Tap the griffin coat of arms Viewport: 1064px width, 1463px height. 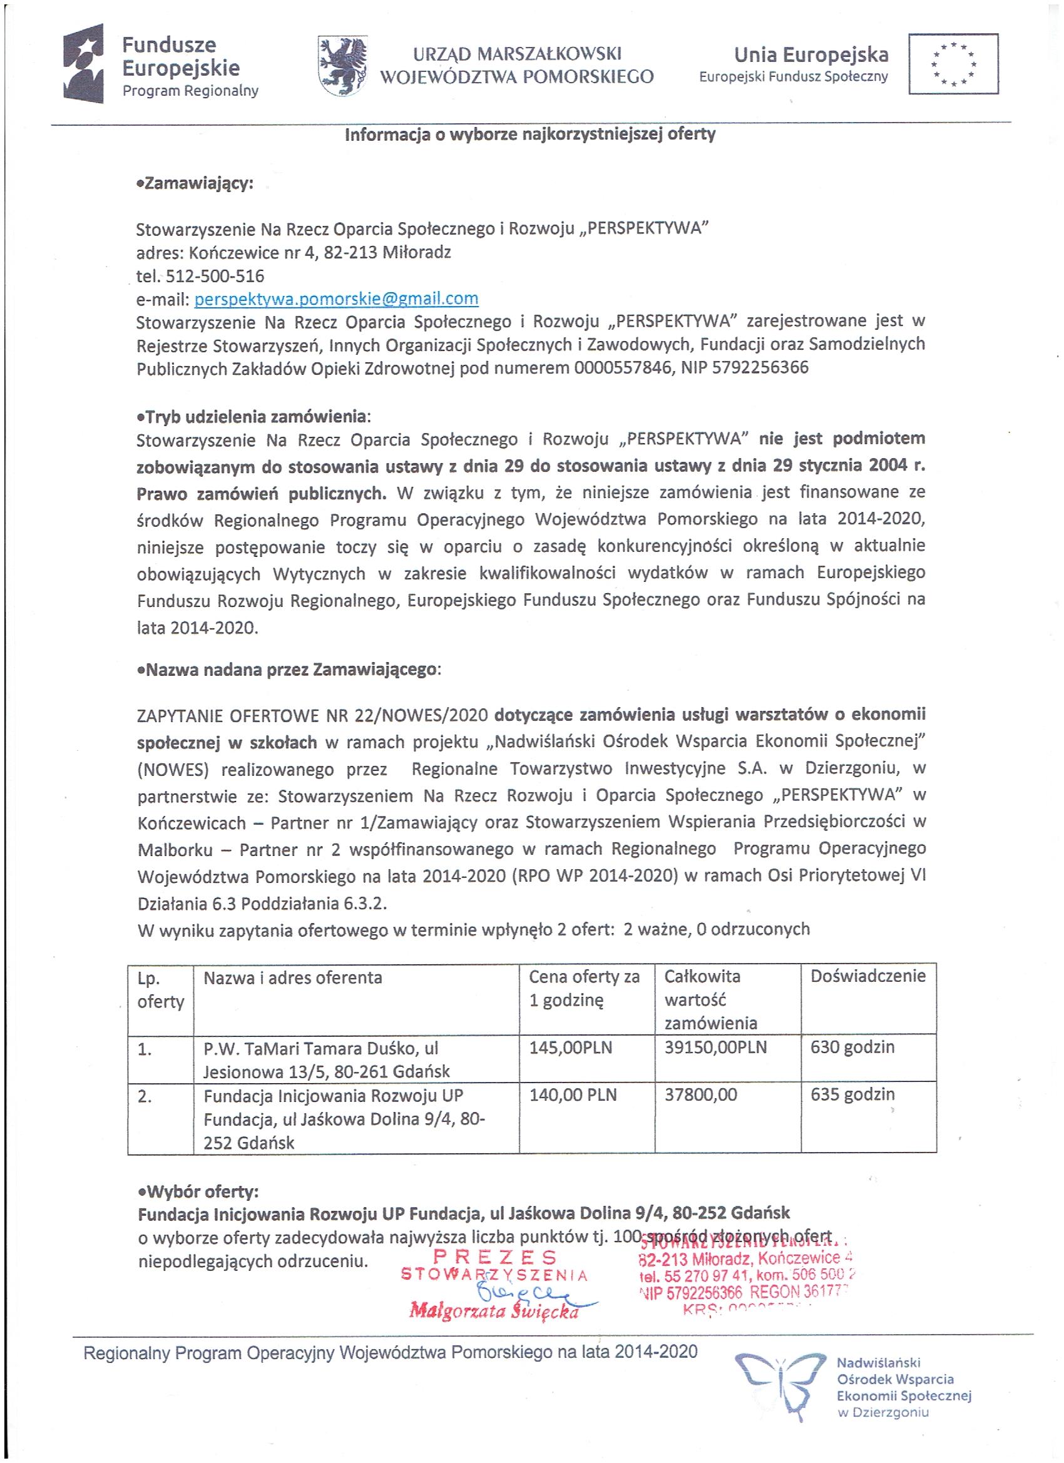click(x=341, y=66)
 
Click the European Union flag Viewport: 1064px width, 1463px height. click(x=953, y=64)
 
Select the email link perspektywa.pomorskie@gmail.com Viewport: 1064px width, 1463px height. click(x=336, y=298)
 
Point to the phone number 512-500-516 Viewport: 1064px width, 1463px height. click(x=215, y=276)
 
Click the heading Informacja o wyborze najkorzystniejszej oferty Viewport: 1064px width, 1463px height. click(x=530, y=135)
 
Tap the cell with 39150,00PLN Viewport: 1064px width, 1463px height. click(x=715, y=1048)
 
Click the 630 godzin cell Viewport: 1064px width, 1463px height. click(x=852, y=1048)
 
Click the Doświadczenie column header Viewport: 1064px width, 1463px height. click(x=868, y=977)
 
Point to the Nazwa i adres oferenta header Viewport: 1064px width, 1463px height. click(x=293, y=978)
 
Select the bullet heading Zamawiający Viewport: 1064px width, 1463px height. click(x=195, y=183)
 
